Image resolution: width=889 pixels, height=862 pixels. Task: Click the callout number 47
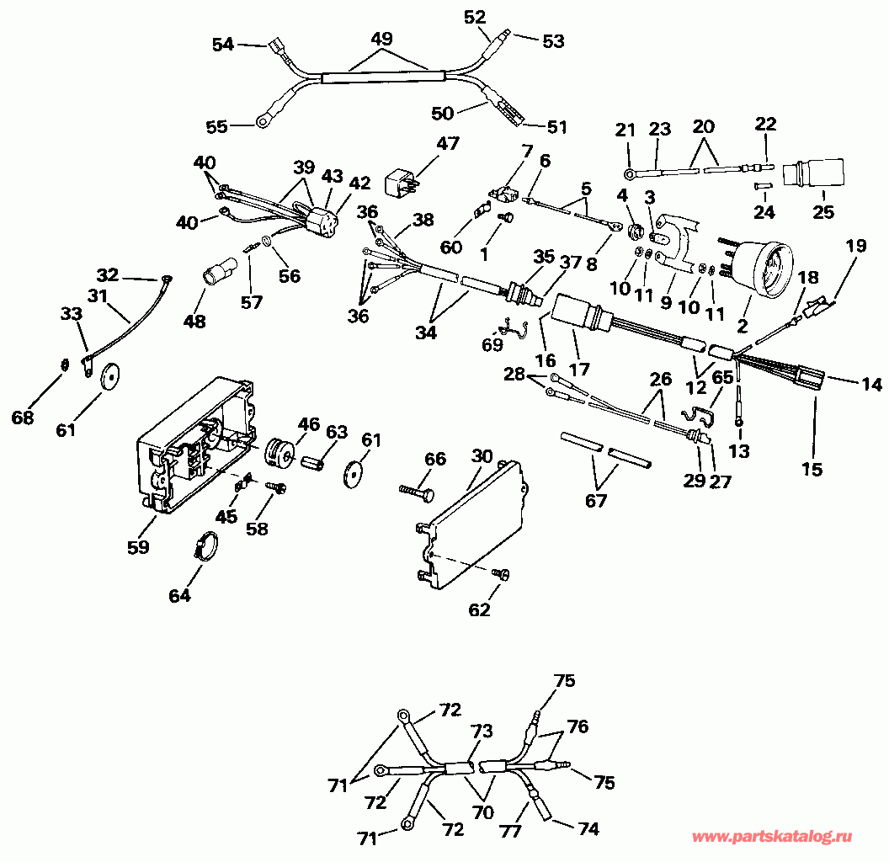pos(447,143)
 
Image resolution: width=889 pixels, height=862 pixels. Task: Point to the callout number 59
pos(138,546)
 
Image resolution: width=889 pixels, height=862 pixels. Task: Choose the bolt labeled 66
pos(417,492)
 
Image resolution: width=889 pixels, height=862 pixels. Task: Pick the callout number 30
pos(482,456)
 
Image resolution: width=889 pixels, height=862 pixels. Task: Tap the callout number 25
pos(823,211)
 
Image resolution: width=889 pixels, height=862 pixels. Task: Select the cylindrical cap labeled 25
pos(813,172)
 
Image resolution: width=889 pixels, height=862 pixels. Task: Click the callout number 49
pos(381,39)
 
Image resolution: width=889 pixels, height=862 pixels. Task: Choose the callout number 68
pos(23,418)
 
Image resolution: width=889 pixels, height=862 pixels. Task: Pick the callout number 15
pos(812,470)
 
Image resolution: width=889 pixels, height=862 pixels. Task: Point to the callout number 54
pos(223,45)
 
